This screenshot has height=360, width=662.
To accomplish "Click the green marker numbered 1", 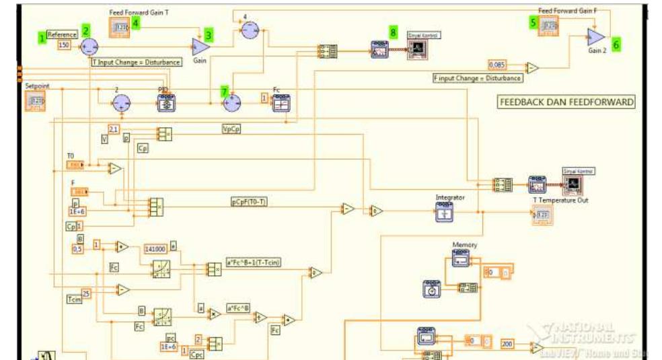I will pyautogui.click(x=42, y=38).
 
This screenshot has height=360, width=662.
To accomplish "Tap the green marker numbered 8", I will pyautogui.click(x=393, y=32).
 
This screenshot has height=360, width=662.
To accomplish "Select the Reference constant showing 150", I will pyautogui.click(x=65, y=45).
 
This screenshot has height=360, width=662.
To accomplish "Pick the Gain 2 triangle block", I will pyautogui.click(x=594, y=36).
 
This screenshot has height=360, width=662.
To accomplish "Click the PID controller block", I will pyautogui.click(x=165, y=102).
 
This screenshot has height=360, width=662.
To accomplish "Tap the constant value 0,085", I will pyautogui.click(x=497, y=65).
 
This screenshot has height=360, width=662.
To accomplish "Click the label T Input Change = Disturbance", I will pyautogui.click(x=137, y=62).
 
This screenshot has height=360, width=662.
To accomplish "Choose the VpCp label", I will pyautogui.click(x=231, y=129).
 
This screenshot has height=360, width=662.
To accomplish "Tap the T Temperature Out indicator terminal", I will pyautogui.click(x=542, y=215).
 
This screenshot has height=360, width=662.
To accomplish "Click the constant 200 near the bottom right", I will pyautogui.click(x=508, y=344).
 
